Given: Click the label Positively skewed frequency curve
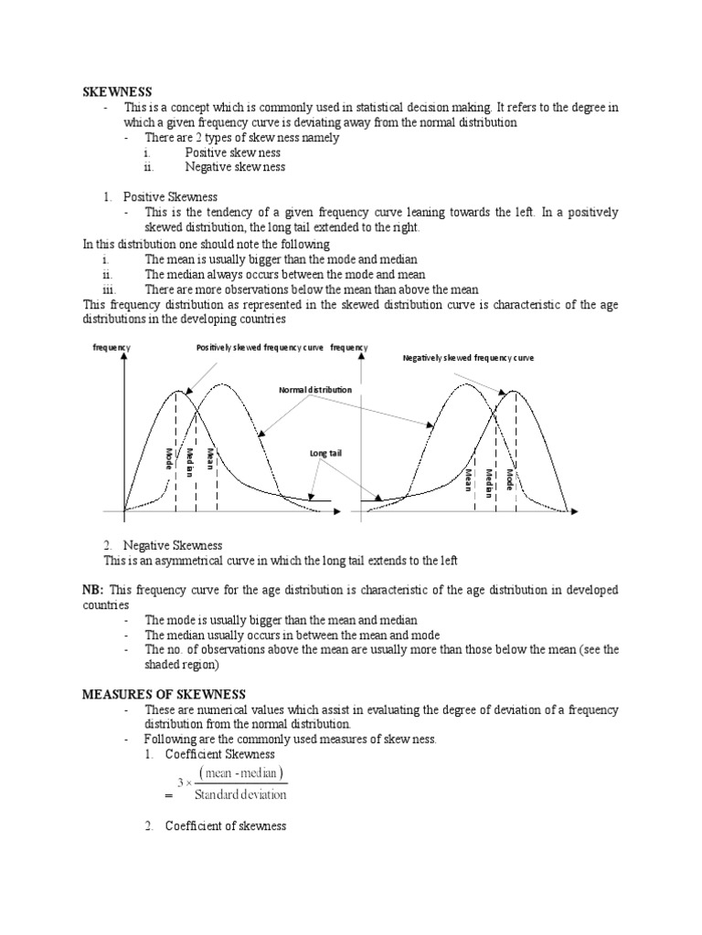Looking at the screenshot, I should [261, 348].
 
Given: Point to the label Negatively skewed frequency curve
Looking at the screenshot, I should [468, 358].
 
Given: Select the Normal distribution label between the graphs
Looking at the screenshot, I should [314, 390].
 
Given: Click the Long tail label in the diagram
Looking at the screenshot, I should [324, 452].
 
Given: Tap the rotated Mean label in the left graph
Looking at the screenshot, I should [210, 459].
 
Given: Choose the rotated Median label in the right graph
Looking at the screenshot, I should [489, 482].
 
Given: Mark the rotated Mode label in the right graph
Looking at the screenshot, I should [510, 482].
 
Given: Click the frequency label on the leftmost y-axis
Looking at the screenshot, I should [112, 348].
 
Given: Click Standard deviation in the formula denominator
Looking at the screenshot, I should [240, 793].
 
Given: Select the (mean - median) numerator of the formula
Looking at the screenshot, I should [241, 774].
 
